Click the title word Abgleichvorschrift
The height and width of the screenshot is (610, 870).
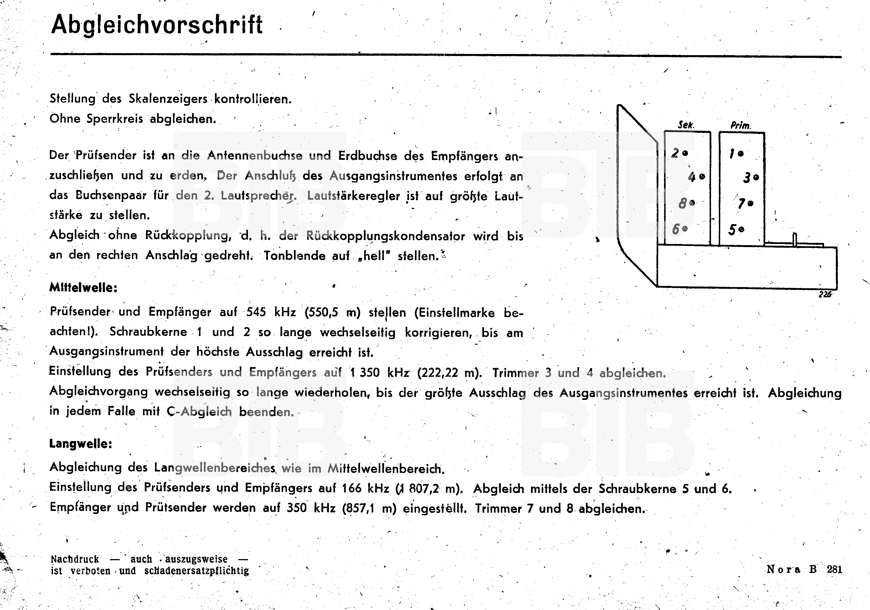pyautogui.click(x=156, y=25)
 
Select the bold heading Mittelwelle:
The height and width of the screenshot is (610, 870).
pyautogui.click(x=83, y=288)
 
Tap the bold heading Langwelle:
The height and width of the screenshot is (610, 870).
pyautogui.click(x=81, y=444)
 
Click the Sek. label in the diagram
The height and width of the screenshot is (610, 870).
pyautogui.click(x=686, y=125)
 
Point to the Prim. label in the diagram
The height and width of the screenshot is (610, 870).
pyautogui.click(x=740, y=125)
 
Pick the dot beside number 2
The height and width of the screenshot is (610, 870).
pyautogui.click(x=685, y=153)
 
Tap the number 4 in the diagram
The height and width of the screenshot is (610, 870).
pyautogui.click(x=692, y=177)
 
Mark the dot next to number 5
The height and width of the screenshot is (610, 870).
pyautogui.click(x=742, y=229)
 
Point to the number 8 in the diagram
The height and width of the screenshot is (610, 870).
pyautogui.click(x=682, y=203)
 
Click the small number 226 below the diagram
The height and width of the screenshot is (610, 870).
pyautogui.click(x=825, y=294)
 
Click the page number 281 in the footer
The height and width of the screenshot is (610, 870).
pyautogui.click(x=834, y=569)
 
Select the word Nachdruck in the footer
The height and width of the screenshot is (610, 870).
pyautogui.click(x=75, y=559)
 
